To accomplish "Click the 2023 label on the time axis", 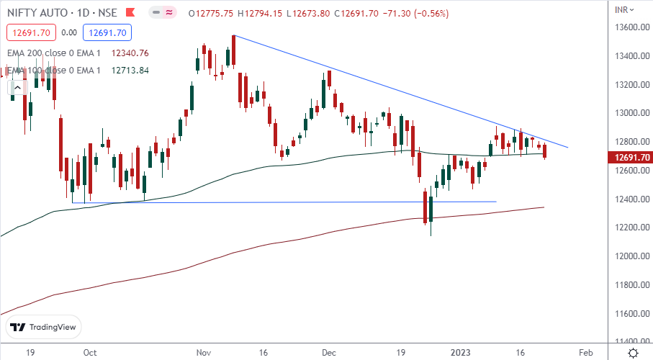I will (x=463, y=353).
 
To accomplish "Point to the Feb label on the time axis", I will (x=585, y=353).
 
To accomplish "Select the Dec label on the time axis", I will (x=330, y=353).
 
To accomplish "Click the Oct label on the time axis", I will (x=90, y=353).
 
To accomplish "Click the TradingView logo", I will (x=45, y=327).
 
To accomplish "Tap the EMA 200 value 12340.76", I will (x=130, y=53).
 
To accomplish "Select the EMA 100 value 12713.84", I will (x=130, y=70).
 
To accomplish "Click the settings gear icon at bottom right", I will (x=632, y=353).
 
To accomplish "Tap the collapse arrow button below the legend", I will (x=14, y=88).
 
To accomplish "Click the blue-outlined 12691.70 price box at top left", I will (x=105, y=32).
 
